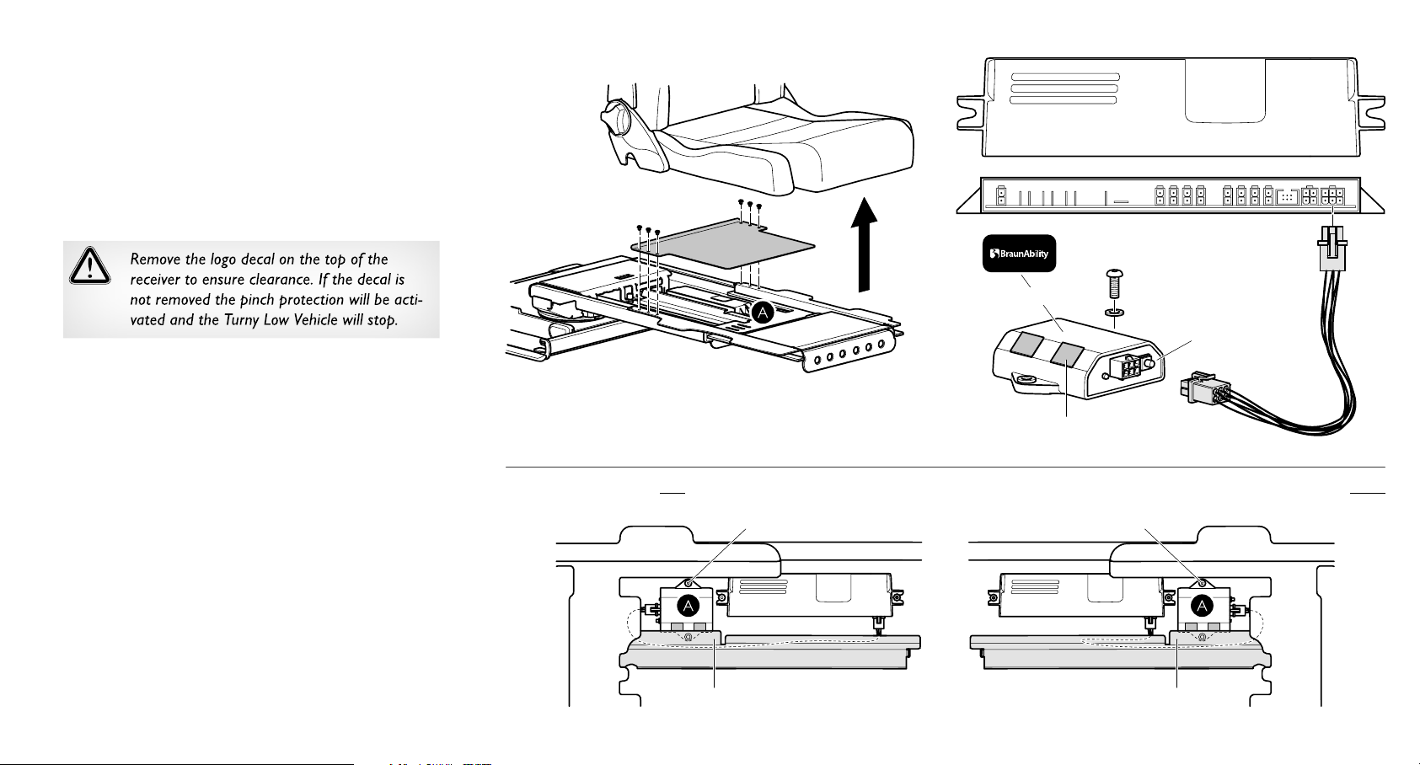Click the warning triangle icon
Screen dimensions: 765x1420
coord(89,265)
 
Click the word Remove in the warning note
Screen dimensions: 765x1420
coord(155,259)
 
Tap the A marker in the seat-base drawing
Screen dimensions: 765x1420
coord(762,313)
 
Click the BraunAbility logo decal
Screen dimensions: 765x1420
coord(1020,254)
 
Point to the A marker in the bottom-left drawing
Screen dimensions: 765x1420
coord(689,605)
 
